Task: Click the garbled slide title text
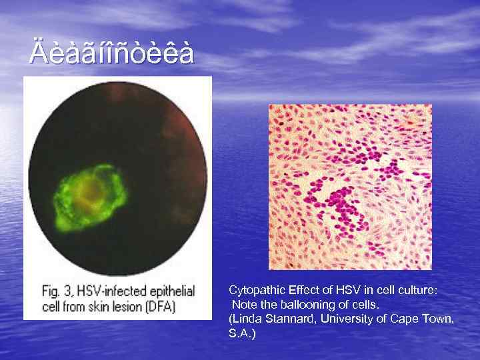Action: click(x=111, y=53)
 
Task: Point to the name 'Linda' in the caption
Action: click(x=247, y=319)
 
